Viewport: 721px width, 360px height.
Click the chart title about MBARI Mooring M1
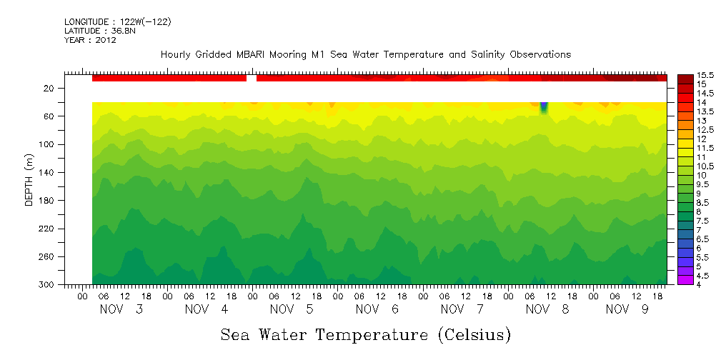click(366, 54)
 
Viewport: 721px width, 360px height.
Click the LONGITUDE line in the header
click(117, 22)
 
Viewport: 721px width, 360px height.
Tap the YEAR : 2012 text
click(90, 40)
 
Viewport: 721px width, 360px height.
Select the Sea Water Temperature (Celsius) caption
click(366, 334)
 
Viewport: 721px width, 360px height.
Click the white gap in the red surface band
click(252, 78)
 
